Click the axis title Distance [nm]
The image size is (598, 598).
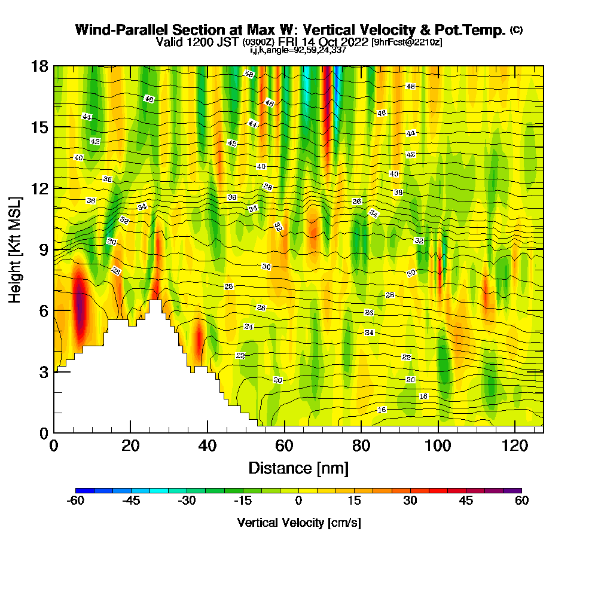tap(298, 467)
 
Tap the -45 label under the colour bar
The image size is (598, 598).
tap(131, 501)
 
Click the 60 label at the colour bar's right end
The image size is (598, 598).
tap(521, 501)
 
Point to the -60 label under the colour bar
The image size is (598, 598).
tap(75, 501)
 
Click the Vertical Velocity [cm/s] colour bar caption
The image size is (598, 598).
tap(298, 523)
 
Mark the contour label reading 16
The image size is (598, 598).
tap(382, 410)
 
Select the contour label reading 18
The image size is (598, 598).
tap(423, 396)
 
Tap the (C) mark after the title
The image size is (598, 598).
tap(516, 30)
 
